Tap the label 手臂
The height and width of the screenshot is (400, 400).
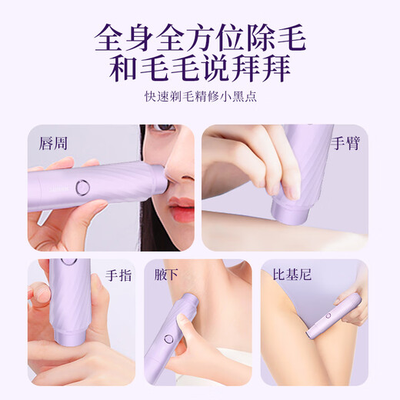(x=344, y=143)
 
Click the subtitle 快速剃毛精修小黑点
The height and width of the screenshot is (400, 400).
(x=199, y=98)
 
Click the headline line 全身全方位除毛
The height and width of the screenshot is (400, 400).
(x=199, y=37)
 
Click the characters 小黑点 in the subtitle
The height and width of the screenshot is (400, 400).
(x=238, y=98)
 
